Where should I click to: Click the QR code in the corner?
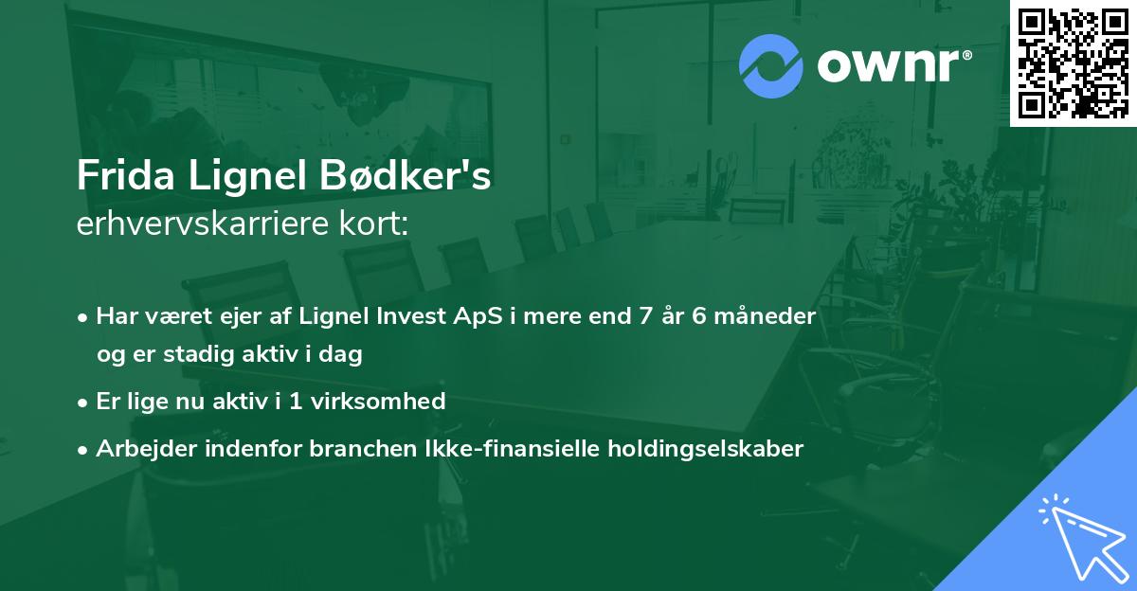tap(1073, 63)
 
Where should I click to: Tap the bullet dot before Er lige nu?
tap(84, 402)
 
